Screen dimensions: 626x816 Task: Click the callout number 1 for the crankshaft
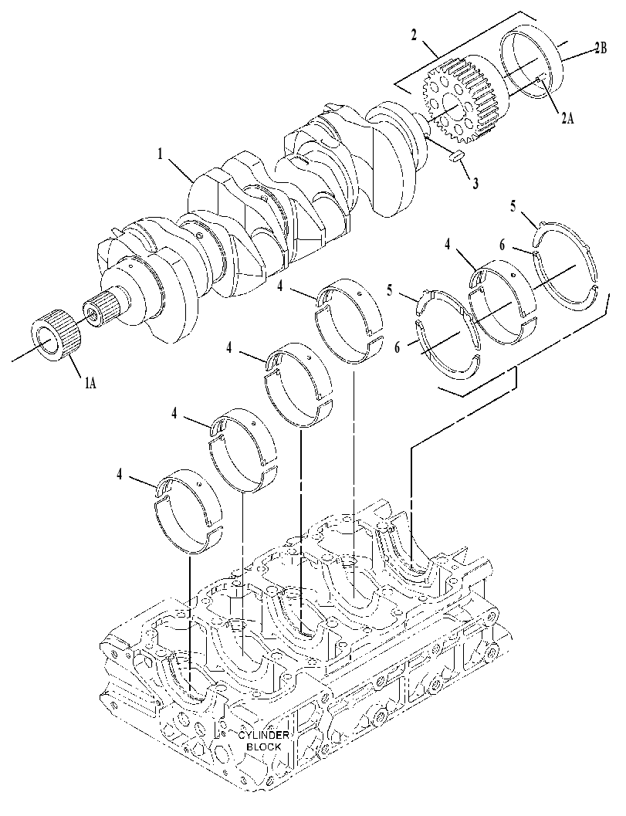[x=161, y=154]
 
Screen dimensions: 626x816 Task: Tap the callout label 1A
[x=90, y=384]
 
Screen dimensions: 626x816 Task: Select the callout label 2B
[x=600, y=49]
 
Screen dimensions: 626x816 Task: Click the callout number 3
[x=475, y=183]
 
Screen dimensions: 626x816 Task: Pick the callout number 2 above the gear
[x=414, y=36]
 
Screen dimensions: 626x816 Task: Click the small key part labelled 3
[x=456, y=156]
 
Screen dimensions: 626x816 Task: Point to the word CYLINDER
[x=263, y=736]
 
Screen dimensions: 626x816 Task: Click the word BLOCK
[x=264, y=747]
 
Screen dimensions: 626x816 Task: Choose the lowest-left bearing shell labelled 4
[x=189, y=511]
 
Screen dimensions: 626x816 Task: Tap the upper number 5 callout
[x=513, y=206]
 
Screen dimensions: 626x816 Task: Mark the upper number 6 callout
[x=502, y=245]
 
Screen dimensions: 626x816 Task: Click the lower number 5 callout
[x=391, y=288]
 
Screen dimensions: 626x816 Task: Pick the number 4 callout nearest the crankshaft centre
[x=280, y=286]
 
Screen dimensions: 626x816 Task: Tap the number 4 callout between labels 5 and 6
[x=448, y=243]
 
